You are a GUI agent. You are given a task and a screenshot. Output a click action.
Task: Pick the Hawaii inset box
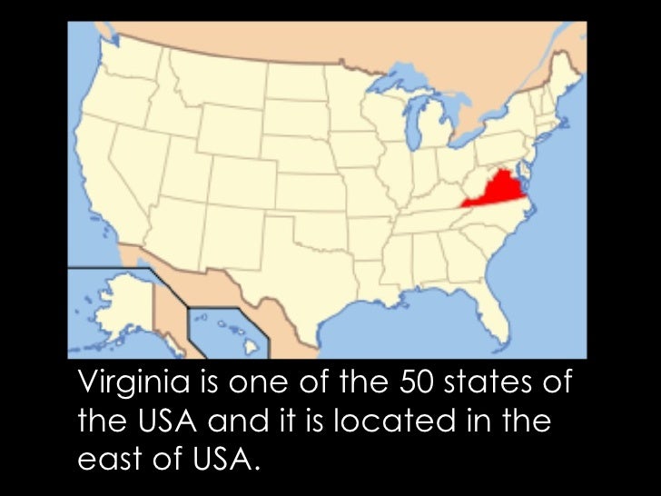pyautogui.click(x=227, y=332)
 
